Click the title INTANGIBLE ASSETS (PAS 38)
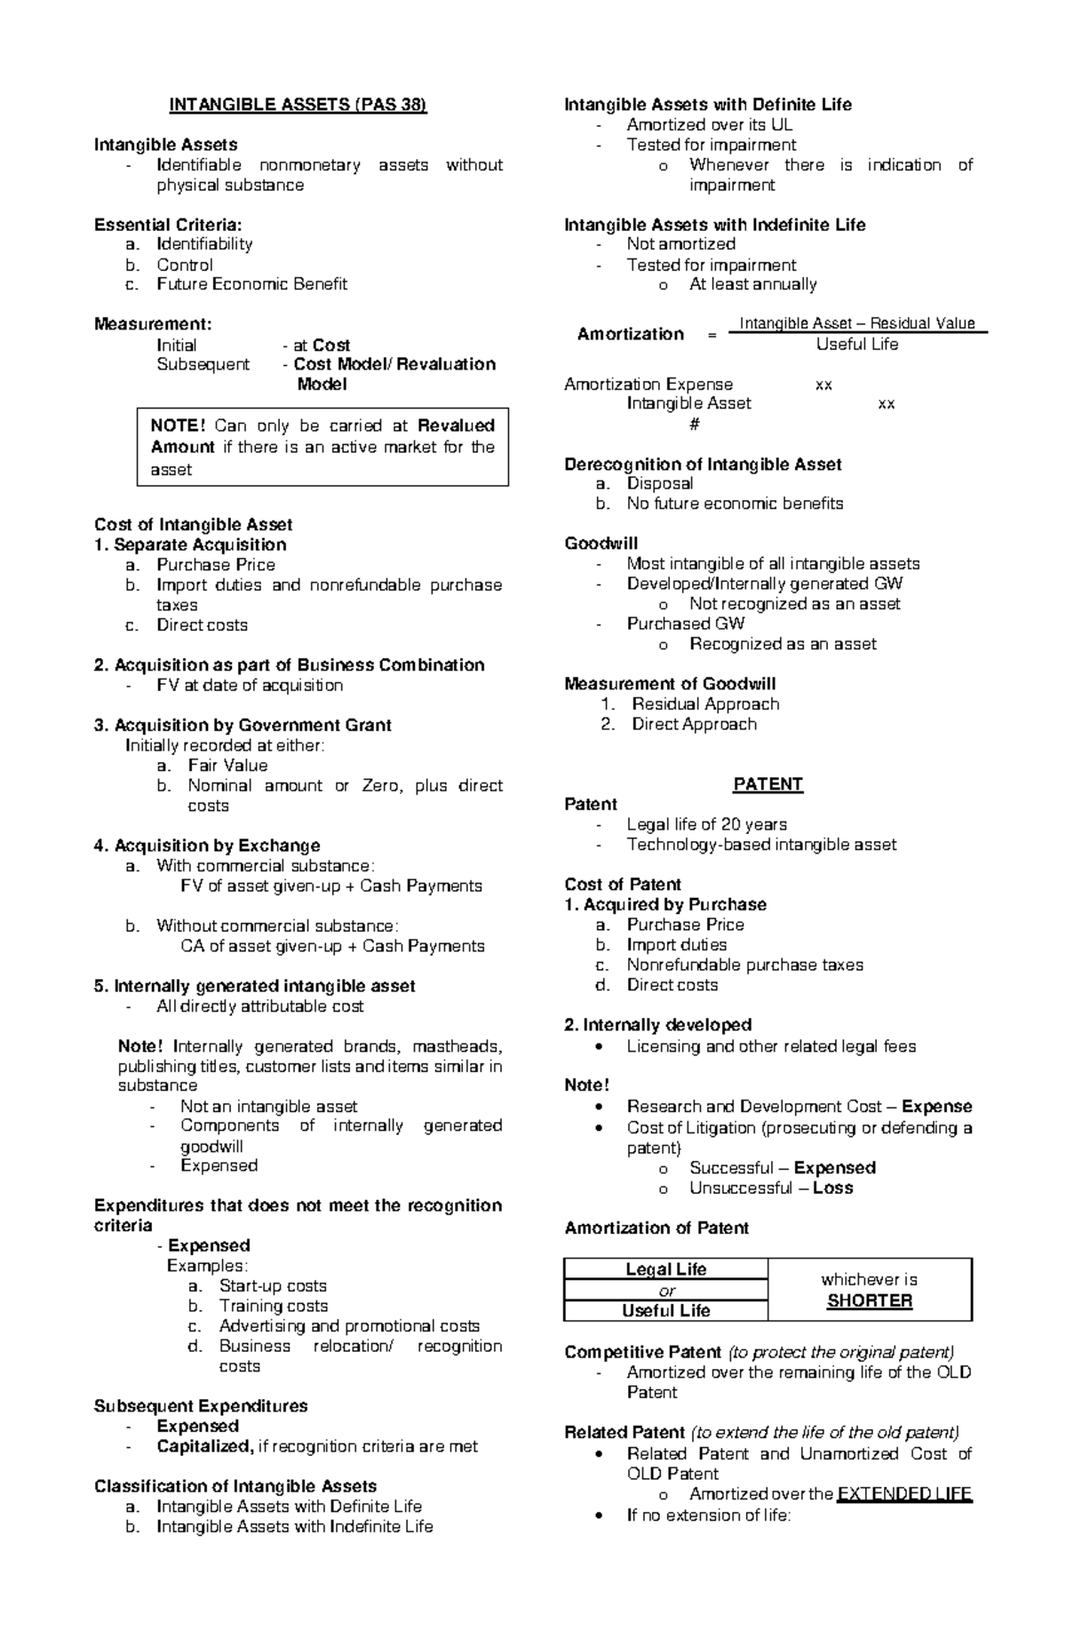[298, 105]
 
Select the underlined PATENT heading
[768, 784]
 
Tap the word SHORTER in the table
[869, 1301]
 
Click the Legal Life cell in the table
[665, 1269]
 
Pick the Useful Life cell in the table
[665, 1311]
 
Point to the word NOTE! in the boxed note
[178, 425]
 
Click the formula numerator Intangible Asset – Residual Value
[857, 323]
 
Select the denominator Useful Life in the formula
[857, 345]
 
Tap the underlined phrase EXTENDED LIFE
[904, 1494]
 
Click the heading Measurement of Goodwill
[670, 684]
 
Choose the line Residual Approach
[705, 704]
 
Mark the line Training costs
[274, 1306]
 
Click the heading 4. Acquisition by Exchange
[207, 846]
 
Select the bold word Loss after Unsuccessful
[832, 1189]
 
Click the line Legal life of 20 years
[706, 824]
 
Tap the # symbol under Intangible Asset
[694, 424]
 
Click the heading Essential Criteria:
[168, 225]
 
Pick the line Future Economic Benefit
[251, 284]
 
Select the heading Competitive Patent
[643, 1353]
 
